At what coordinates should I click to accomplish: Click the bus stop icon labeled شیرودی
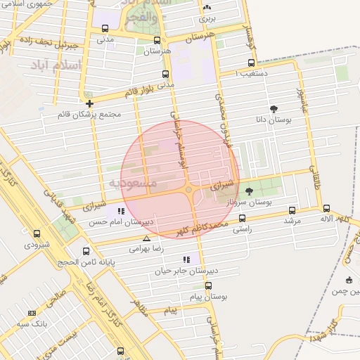37,233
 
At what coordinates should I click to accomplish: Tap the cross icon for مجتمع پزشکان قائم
89,103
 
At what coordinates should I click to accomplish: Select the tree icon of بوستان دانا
274,109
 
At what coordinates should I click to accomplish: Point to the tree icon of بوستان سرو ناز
249,191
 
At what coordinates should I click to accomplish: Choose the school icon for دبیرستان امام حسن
122,210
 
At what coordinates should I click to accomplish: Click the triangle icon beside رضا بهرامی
146,238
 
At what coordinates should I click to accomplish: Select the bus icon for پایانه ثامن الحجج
86,251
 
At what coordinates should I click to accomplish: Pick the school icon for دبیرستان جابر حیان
186,259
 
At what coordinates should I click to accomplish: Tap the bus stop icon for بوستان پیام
208,285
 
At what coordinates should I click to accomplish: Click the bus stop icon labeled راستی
243,218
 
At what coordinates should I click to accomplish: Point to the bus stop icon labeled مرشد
292,210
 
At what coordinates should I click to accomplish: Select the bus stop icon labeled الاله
327,208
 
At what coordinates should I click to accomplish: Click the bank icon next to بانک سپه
31,313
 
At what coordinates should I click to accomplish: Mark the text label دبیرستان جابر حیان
159,270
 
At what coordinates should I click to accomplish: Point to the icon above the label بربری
207,8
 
